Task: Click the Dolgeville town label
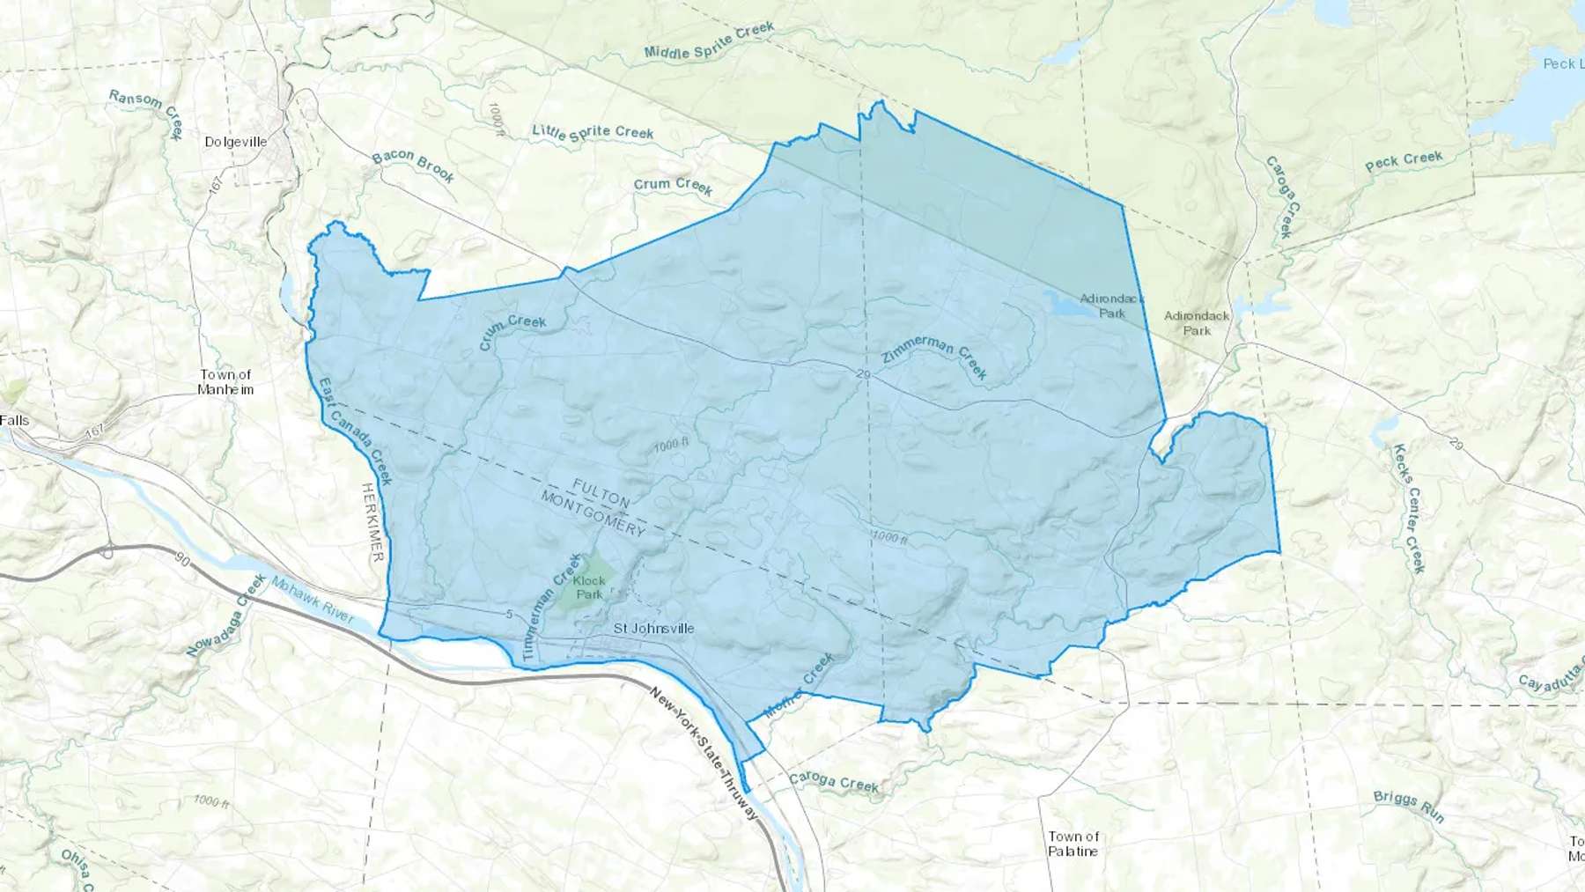[x=235, y=142]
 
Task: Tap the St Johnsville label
[x=653, y=629]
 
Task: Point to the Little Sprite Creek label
[x=593, y=132]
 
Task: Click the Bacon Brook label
[x=413, y=166]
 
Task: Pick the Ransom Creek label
[x=146, y=112]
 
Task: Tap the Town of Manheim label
[x=225, y=382]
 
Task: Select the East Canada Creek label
[x=355, y=431]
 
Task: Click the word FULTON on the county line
[x=601, y=493]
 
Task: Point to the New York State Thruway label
[x=703, y=753]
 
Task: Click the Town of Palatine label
[x=1073, y=844]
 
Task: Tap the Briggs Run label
[x=1409, y=806]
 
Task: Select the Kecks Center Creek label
[x=1408, y=508]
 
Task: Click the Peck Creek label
[x=1404, y=161]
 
